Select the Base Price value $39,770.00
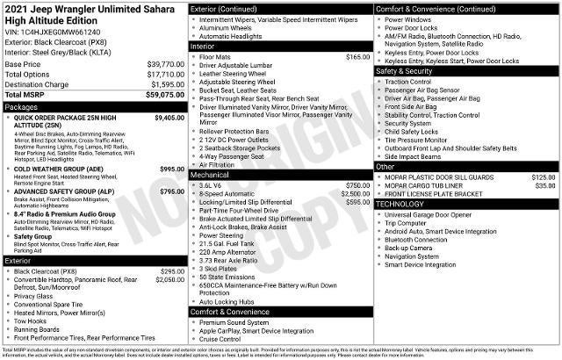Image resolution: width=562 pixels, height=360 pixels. tap(165, 64)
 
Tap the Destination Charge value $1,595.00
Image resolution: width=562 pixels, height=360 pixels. tap(167, 83)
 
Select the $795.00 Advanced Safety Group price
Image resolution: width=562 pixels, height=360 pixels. tap(172, 191)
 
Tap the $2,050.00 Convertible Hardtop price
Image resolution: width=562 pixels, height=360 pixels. tap(169, 279)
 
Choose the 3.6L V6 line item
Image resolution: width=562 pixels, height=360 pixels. tap(212, 185)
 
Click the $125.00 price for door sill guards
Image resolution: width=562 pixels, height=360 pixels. tap(543, 177)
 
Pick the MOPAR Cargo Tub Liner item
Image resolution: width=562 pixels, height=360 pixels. tap(427, 186)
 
